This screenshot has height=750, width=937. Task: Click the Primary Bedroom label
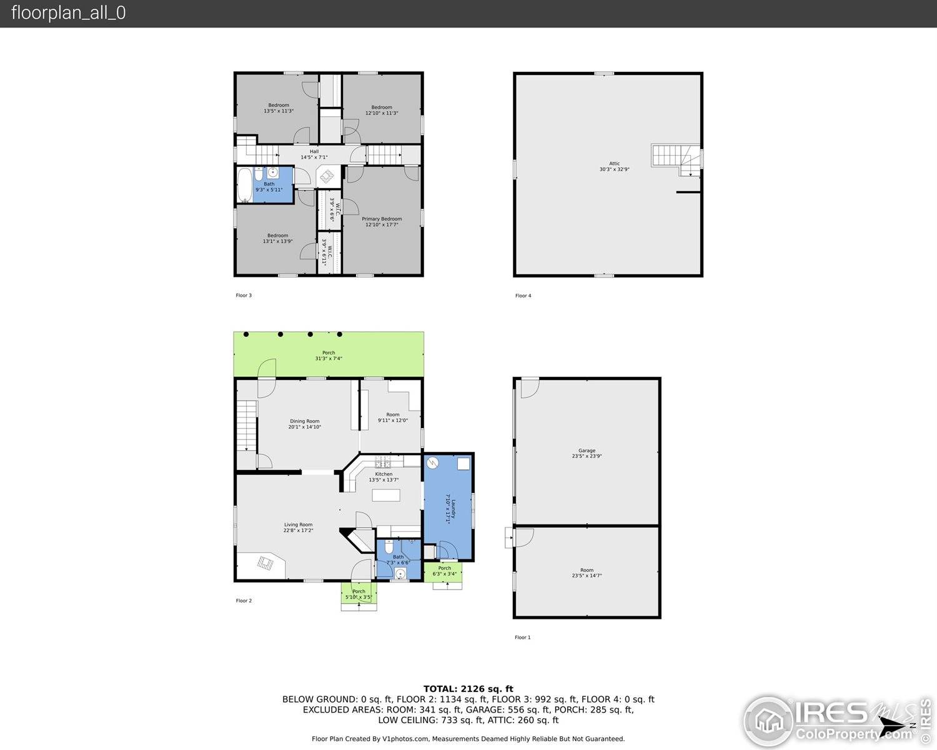coord(382,221)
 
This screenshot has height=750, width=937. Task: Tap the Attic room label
coord(614,166)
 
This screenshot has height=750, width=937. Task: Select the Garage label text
coord(587,453)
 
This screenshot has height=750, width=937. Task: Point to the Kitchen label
coord(384,477)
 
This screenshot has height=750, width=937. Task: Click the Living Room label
coord(298,527)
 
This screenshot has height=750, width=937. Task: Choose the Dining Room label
coord(304,424)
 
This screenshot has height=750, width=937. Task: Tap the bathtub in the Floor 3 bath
coord(244,184)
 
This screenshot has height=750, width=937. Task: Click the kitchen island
coord(386,495)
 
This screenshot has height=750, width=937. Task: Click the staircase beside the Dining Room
coord(247,425)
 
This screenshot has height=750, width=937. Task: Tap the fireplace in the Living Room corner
coord(265,563)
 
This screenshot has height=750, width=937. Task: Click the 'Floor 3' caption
coord(244,296)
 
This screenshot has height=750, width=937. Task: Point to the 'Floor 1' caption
coord(522,637)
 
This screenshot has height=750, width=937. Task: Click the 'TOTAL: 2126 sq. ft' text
coord(468,689)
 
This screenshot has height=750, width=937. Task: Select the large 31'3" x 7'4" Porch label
coord(329,356)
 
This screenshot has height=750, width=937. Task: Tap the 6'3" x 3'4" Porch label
coord(444,571)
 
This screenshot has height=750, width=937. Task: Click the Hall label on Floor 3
coord(314,154)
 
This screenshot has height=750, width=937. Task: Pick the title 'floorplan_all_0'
coord(68,13)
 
